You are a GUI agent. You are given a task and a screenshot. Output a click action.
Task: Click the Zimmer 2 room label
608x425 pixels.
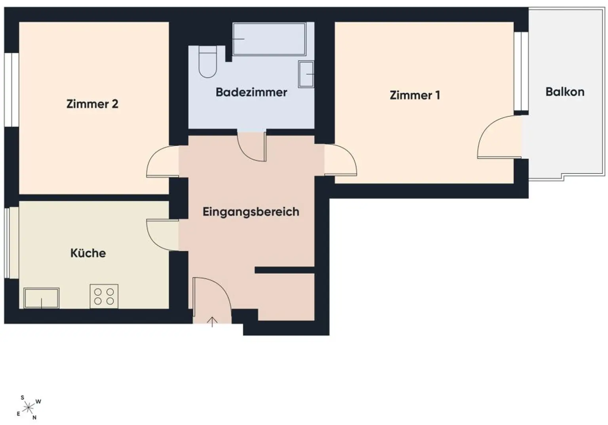coord(92,104)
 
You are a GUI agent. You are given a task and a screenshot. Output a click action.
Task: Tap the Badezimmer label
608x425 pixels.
coord(251,92)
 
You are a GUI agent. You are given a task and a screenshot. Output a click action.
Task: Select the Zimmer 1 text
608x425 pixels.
coord(415,95)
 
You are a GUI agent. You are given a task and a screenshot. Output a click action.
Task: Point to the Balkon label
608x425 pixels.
coord(565,92)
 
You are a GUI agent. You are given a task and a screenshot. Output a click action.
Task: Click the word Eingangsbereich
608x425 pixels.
coord(251,212)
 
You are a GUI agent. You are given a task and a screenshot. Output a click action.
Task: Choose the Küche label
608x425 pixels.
coord(88,253)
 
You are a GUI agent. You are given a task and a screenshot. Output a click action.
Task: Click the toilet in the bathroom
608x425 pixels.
coord(208,62)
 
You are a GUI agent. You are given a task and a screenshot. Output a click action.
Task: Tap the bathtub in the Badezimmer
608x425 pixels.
coord(269,39)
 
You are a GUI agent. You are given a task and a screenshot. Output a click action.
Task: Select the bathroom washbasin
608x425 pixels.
coord(306,74)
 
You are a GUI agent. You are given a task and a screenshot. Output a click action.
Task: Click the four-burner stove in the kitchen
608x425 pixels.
coord(104,296)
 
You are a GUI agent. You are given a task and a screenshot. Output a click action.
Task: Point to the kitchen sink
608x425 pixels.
coord(42,298)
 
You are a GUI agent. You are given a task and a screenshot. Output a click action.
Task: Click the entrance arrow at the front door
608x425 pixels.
coord(212,322)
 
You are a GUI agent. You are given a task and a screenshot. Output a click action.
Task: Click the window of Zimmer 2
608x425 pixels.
coord(11,90)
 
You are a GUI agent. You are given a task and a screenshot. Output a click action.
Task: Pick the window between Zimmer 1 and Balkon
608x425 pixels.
coord(521,71)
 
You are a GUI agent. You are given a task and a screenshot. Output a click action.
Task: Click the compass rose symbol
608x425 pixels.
coord(28,408)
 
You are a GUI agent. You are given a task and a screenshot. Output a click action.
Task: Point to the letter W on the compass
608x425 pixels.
coord(38,401)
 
